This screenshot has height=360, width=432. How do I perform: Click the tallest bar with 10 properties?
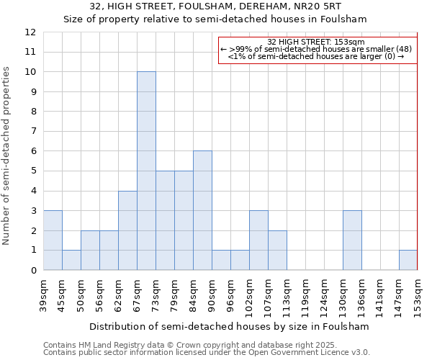tap(146, 171)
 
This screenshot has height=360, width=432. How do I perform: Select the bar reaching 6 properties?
tap(202, 210)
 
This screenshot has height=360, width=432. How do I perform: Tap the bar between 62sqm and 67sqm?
tap(127, 230)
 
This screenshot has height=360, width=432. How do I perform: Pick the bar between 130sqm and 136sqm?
tap(352, 240)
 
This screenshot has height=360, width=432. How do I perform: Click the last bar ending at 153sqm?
tap(408, 260)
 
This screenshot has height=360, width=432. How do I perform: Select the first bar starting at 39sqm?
tap(53, 240)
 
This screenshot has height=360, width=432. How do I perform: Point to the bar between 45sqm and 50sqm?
tap(71, 260)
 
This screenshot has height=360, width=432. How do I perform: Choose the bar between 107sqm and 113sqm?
tap(277, 250)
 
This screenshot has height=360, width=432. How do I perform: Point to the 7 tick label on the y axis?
tap(33, 132)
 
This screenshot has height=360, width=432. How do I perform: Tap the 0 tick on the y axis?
tap(33, 270)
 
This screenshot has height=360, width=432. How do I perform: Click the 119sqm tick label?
tap(287, 295)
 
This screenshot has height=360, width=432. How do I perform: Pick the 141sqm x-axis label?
tap(380, 295)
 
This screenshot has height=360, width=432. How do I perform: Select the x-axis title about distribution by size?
tap(230, 326)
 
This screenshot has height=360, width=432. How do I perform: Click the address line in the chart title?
tap(216, 6)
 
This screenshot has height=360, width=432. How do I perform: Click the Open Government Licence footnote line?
tap(207, 353)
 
